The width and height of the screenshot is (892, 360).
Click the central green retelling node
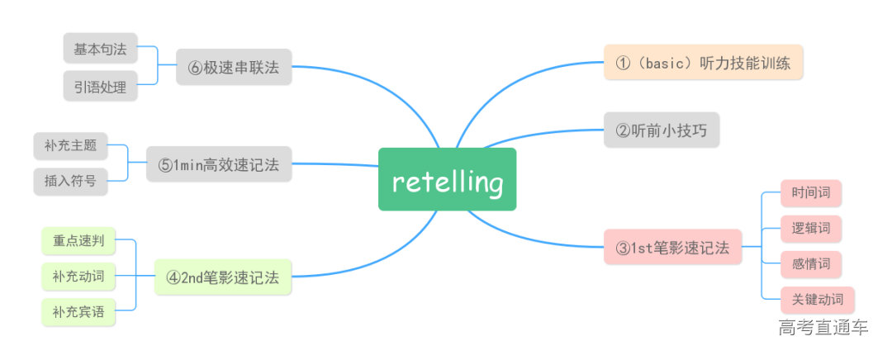click(x=447, y=180)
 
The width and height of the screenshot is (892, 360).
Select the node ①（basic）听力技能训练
click(x=704, y=62)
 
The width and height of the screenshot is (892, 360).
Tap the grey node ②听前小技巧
click(x=662, y=130)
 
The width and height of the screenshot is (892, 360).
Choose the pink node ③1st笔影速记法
click(x=672, y=247)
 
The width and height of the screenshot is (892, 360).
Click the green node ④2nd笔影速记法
click(x=223, y=278)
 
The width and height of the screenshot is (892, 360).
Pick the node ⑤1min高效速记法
click(x=219, y=164)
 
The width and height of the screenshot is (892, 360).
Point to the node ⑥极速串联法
click(x=234, y=67)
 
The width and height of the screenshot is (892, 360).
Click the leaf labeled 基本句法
click(x=100, y=49)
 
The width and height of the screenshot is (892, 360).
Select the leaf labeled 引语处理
click(x=100, y=86)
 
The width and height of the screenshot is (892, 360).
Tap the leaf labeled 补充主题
click(x=71, y=145)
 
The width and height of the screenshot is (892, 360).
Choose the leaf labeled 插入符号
click(x=71, y=181)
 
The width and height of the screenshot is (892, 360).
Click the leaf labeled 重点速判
click(x=78, y=242)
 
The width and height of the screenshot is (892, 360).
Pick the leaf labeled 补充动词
click(x=78, y=277)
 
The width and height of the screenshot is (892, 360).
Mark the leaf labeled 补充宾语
click(x=78, y=312)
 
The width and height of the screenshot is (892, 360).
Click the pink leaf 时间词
click(x=811, y=194)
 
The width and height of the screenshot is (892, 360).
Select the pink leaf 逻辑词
click(x=811, y=229)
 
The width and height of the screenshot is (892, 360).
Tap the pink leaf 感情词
click(x=811, y=264)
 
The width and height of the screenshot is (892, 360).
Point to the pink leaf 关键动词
click(x=818, y=300)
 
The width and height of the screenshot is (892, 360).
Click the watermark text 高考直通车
click(x=823, y=328)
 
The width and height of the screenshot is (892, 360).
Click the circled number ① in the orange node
click(x=623, y=63)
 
